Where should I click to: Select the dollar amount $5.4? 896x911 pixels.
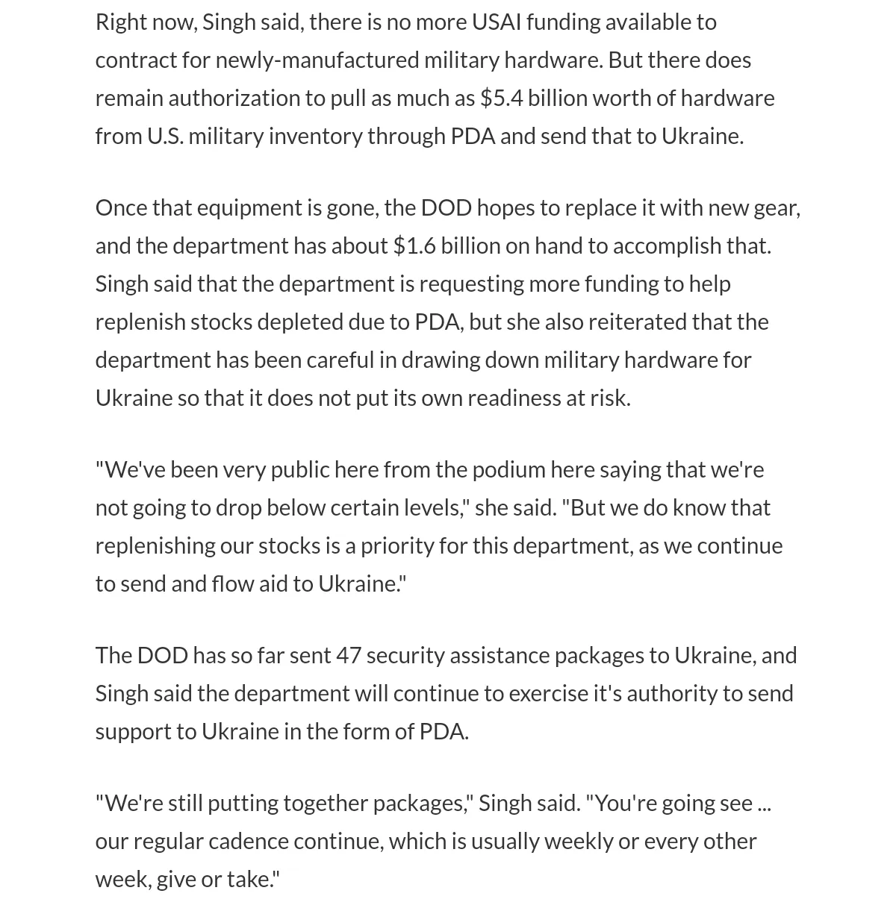point(502,98)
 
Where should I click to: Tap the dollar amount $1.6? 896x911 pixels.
point(414,246)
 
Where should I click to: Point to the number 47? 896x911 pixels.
point(349,655)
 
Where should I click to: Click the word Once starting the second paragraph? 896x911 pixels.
point(121,208)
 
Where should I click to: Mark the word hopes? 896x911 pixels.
point(505,208)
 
